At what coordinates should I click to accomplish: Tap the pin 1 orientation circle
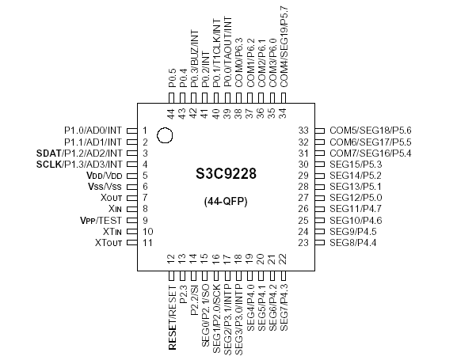coord(165,135)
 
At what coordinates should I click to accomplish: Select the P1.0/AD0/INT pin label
coord(93,130)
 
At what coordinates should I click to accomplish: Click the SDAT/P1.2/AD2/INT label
coord(79,152)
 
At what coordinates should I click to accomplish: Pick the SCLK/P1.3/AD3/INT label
coord(79,164)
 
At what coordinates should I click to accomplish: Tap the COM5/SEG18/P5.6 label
coord(371,130)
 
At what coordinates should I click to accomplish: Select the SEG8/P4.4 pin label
coord(353,242)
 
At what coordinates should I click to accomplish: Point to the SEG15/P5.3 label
coord(356,164)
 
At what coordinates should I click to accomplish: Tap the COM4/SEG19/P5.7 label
coord(284,47)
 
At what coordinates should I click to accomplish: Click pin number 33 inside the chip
coord(303,130)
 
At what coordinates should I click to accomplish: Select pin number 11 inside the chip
coord(148,242)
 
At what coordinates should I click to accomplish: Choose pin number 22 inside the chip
coord(284,259)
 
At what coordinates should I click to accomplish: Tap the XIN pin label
coord(114,208)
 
